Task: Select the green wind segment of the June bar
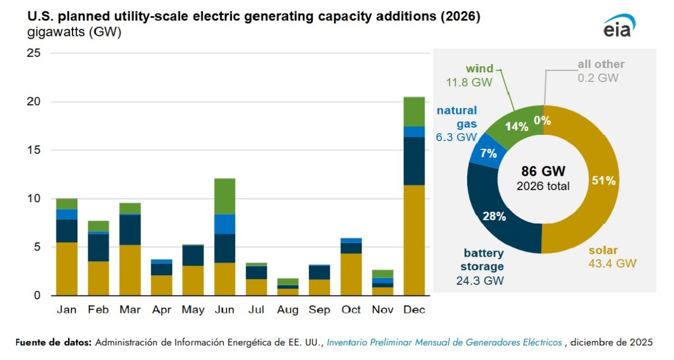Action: (224, 197)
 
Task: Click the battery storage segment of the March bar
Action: (130, 230)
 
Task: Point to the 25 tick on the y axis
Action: (34, 53)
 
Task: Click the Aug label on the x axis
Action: (288, 310)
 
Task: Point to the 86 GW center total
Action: (543, 171)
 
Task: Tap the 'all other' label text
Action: (601, 65)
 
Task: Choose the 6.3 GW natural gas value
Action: (456, 136)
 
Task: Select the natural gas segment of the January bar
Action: (67, 215)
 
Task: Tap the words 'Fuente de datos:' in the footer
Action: (53, 342)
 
